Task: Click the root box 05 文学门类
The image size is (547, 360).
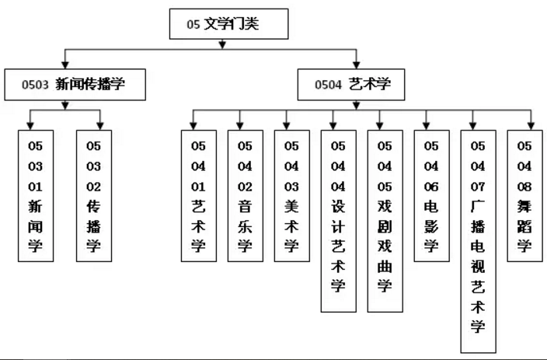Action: coord(228,25)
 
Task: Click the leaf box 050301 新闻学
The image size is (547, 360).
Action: coord(36,195)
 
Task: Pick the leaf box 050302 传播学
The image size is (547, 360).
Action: coord(94,195)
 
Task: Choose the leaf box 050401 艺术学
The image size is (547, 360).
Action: coord(199,195)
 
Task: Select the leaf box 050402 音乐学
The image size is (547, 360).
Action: coord(245,195)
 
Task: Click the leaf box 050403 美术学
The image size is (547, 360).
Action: coord(291,195)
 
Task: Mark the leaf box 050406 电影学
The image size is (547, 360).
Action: coord(431,195)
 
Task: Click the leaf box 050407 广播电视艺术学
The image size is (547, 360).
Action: coord(478,241)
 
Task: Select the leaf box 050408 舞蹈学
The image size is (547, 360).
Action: coord(524,195)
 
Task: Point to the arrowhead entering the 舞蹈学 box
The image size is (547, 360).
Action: coord(531,124)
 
